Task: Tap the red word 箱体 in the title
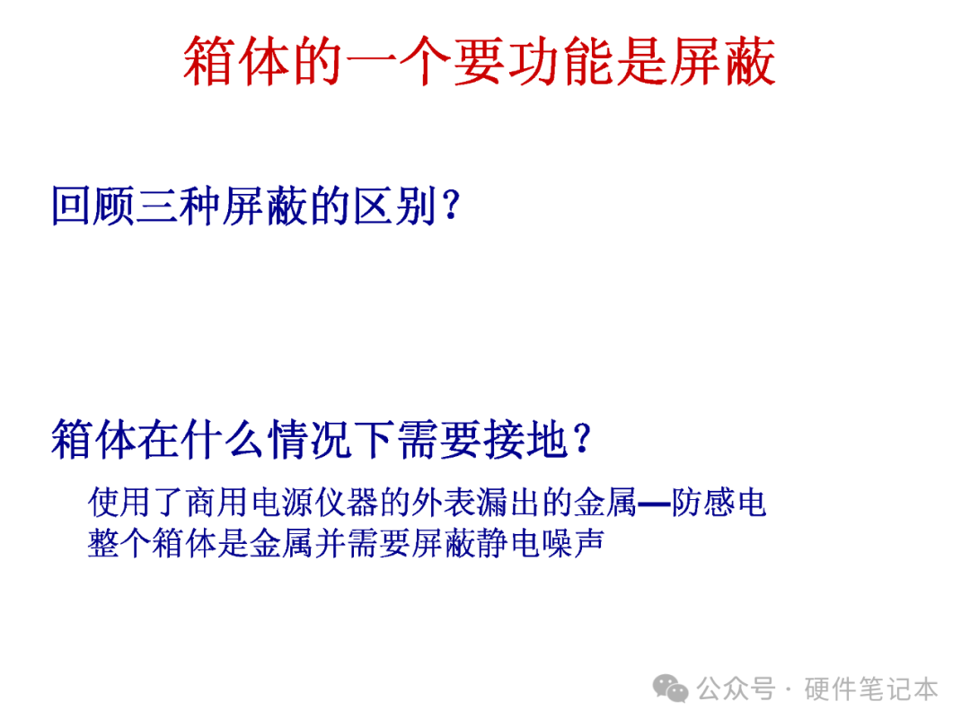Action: pos(236,61)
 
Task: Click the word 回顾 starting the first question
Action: pos(93,206)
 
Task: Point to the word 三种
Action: pos(180,206)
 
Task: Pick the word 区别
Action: pos(395,206)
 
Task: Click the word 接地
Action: pos(525,439)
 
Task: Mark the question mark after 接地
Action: pos(582,439)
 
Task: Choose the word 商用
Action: pos(217,502)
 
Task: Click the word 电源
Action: pos(282,502)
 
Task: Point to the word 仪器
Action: pos(347,502)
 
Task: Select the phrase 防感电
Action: pos(719,502)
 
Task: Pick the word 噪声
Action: pos(573,544)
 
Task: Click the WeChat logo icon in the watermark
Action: pos(671,689)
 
